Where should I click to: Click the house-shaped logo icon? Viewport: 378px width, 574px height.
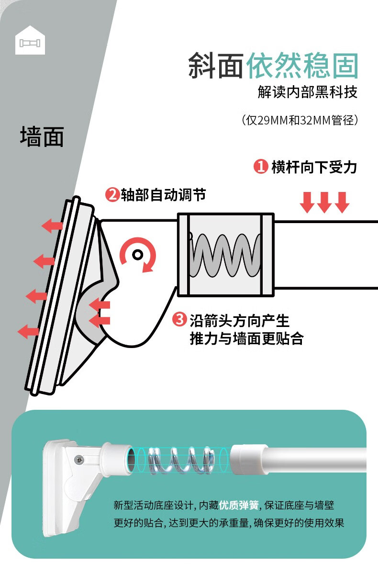(x=30, y=40)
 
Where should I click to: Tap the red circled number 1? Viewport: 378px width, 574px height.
(x=260, y=167)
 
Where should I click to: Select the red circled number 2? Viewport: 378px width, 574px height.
(x=112, y=195)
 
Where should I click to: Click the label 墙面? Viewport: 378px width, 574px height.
(x=42, y=136)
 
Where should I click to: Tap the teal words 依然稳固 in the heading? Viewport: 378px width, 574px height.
(x=302, y=67)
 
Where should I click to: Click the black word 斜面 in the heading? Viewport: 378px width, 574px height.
(x=215, y=67)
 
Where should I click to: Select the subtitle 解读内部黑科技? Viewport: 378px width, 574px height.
(x=308, y=92)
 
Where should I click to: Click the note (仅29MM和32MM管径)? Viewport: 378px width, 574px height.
(x=300, y=120)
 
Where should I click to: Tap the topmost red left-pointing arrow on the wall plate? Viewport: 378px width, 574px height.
(x=52, y=225)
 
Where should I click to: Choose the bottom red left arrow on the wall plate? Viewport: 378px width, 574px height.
(x=29, y=331)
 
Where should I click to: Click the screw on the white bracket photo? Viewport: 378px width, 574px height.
(x=78, y=460)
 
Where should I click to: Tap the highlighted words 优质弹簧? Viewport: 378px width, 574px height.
(x=239, y=505)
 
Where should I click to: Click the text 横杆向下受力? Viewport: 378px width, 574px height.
(x=314, y=167)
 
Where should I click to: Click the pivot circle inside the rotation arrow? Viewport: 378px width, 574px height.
(x=137, y=254)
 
